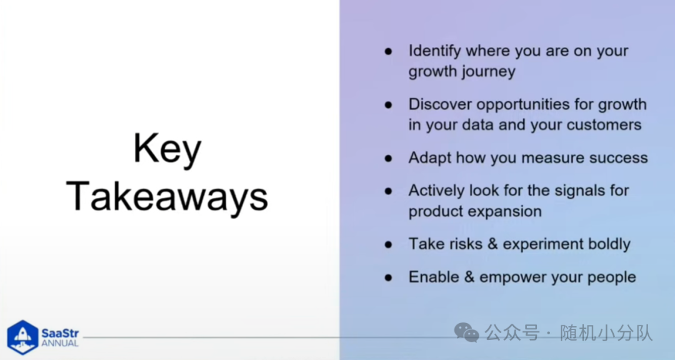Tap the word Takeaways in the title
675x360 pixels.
click(x=167, y=197)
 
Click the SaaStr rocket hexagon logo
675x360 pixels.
click(x=23, y=337)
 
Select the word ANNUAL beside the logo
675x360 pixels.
click(x=60, y=344)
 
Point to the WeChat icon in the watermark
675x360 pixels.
click(x=467, y=333)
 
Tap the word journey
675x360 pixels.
click(x=489, y=72)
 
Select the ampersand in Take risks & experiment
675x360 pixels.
click(x=492, y=244)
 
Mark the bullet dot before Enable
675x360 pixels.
click(x=388, y=277)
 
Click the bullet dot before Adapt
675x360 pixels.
click(x=388, y=159)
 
